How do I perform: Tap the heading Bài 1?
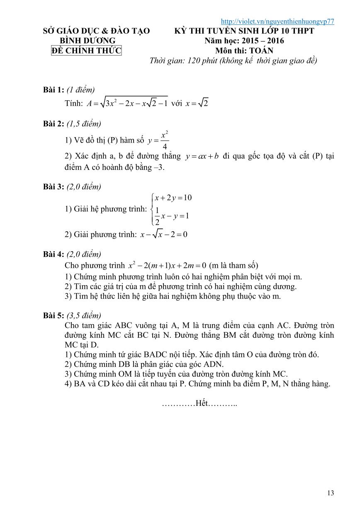click(x=54, y=90)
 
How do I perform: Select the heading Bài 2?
click(x=54, y=124)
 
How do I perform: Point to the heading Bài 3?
click(x=54, y=187)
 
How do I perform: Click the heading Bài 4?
click(x=54, y=254)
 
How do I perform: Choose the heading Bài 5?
click(x=54, y=315)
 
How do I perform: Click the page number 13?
click(x=331, y=493)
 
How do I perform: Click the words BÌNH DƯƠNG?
click(x=88, y=41)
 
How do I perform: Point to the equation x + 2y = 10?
click(x=173, y=197)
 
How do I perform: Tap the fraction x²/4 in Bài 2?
click(x=164, y=140)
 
